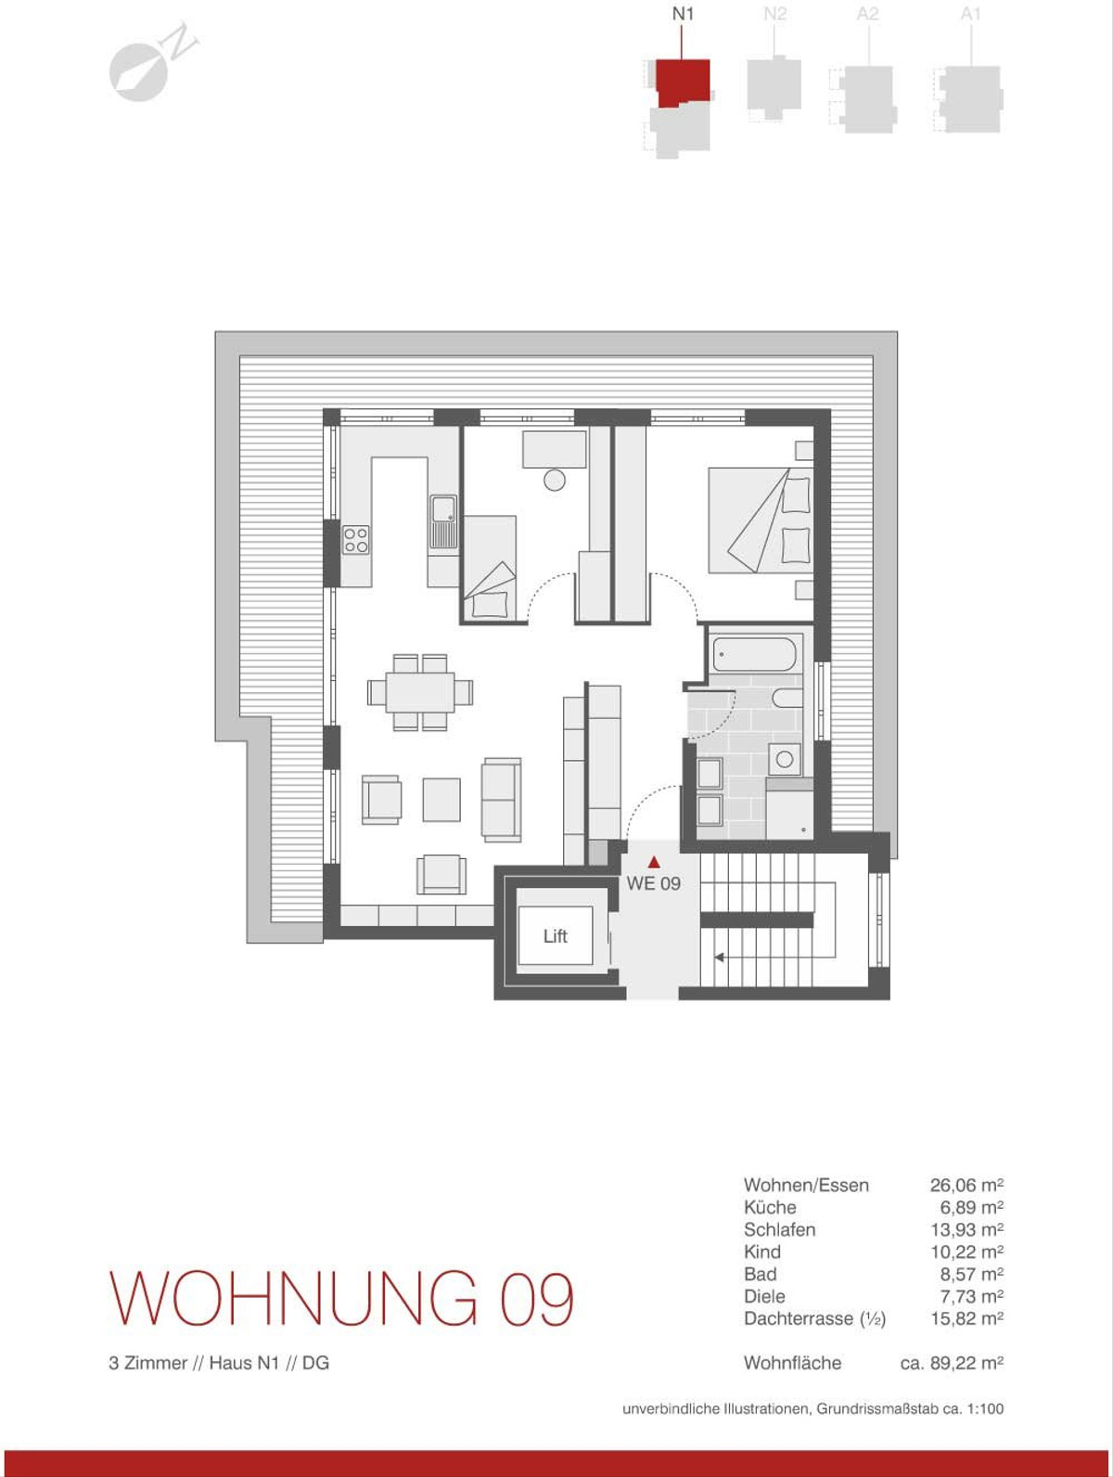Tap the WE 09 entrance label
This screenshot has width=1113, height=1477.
click(x=654, y=883)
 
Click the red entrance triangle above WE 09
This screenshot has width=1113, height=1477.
click(x=654, y=862)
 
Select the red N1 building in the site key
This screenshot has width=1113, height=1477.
click(x=683, y=83)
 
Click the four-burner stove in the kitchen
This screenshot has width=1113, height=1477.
click(x=356, y=540)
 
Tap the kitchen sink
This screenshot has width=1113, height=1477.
click(x=444, y=522)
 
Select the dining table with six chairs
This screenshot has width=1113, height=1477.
click(x=419, y=692)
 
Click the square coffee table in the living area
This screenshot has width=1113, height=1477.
click(x=441, y=800)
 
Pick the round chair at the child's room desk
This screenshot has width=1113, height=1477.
click(x=554, y=480)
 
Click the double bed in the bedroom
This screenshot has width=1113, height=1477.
click(x=761, y=520)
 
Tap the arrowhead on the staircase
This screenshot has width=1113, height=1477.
click(x=719, y=957)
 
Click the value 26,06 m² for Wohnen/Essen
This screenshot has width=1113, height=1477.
click(x=966, y=1185)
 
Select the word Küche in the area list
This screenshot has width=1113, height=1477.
click(x=770, y=1207)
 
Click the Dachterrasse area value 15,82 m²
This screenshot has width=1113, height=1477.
click(x=966, y=1318)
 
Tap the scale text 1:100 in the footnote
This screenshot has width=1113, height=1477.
click(x=985, y=1408)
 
